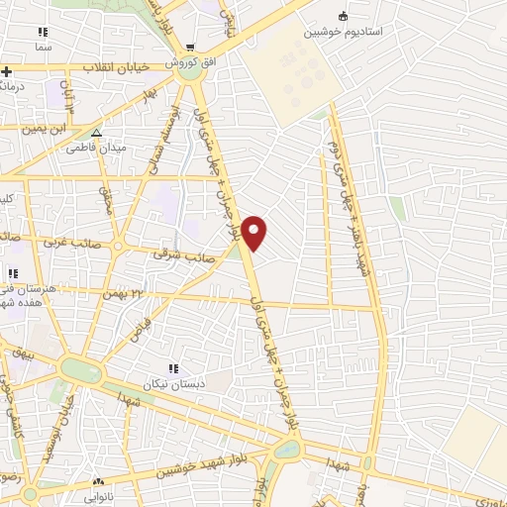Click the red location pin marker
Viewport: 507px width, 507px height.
254,233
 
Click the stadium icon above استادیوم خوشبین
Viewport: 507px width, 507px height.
344,16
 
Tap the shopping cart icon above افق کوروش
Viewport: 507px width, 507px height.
191,47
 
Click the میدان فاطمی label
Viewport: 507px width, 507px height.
96,148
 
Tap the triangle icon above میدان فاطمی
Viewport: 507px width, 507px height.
96,133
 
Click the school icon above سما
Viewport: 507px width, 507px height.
43,32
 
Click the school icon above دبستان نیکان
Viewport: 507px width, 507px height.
175,368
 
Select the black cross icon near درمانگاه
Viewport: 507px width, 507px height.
7,71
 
